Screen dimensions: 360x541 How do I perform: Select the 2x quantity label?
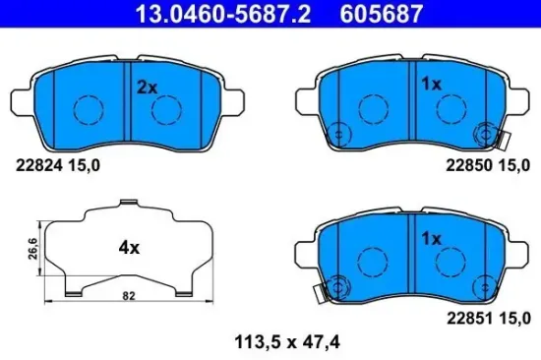pyautogui.click(x=147, y=87)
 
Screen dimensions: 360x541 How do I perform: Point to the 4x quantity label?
pyautogui.click(x=129, y=248)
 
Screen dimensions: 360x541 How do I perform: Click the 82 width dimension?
pyautogui.click(x=129, y=294)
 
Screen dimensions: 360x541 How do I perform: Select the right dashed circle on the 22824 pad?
pyautogui.click(x=166, y=108)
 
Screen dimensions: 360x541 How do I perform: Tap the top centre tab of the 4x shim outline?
pyautogui.click(x=128, y=205)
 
